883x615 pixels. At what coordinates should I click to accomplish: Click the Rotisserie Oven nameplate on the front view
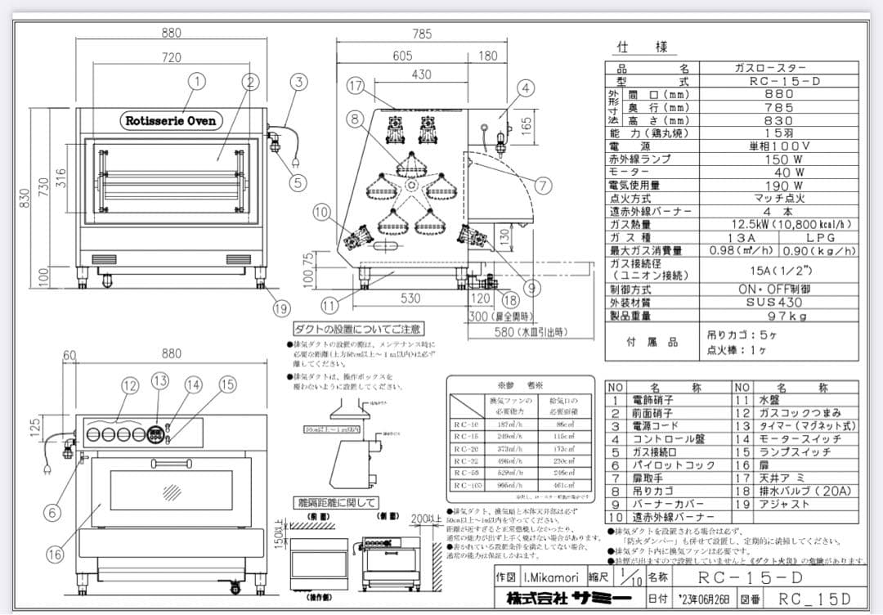coord(171,121)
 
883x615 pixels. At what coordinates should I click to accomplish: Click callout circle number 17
coord(355,86)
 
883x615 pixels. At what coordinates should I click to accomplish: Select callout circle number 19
coord(282,308)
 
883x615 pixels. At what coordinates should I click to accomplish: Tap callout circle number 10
coord(321,213)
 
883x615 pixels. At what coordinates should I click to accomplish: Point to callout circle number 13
coord(159,380)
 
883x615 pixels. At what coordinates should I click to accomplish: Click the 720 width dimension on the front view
coord(171,58)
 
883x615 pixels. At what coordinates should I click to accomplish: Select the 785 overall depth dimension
coord(422,34)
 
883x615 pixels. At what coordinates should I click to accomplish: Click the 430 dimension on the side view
coord(421,74)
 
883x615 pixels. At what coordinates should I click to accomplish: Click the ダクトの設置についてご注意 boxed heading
coord(359,329)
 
